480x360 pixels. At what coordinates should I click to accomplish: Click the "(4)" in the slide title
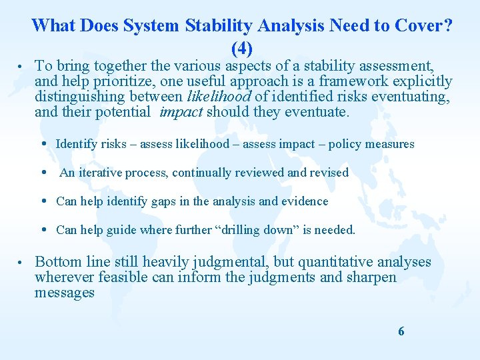point(242,48)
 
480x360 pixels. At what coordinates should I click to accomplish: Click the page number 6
point(401,331)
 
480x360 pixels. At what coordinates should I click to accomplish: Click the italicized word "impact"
point(181,112)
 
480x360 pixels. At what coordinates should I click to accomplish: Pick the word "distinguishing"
point(81,97)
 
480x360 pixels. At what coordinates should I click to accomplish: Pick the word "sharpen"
point(371,277)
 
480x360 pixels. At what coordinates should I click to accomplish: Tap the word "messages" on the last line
point(65,293)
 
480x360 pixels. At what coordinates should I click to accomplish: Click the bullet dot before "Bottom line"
point(21,262)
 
